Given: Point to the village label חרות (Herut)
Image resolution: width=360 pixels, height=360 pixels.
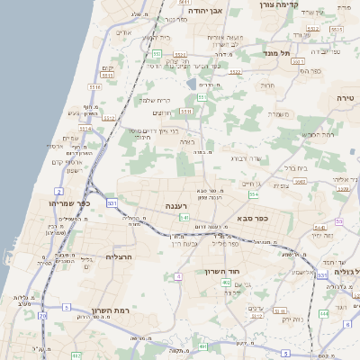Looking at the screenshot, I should [x=268, y=85].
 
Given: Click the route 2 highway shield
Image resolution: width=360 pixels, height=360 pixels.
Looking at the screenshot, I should [x=58, y=192].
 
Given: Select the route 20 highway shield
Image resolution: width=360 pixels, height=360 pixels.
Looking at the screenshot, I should [x=41, y=317].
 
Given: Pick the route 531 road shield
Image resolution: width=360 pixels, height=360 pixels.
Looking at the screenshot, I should [x=112, y=204].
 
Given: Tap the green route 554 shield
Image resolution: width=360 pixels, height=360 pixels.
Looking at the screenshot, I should [x=255, y=194].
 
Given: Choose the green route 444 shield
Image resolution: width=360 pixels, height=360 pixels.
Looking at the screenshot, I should [x=322, y=313].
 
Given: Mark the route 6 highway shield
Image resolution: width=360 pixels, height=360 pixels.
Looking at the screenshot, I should [x=347, y=324].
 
